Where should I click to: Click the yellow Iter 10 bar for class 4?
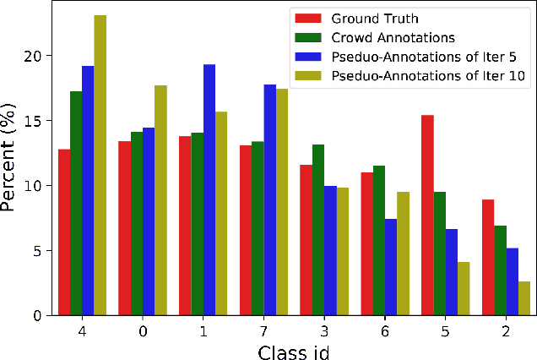100,166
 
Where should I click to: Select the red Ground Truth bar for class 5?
427,215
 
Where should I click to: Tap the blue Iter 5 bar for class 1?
209,190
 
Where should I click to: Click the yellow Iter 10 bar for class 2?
524,298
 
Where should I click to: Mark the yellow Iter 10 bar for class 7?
282,202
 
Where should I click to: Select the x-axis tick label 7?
263,331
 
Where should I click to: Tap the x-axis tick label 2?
506,331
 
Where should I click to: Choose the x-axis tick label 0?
143,331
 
